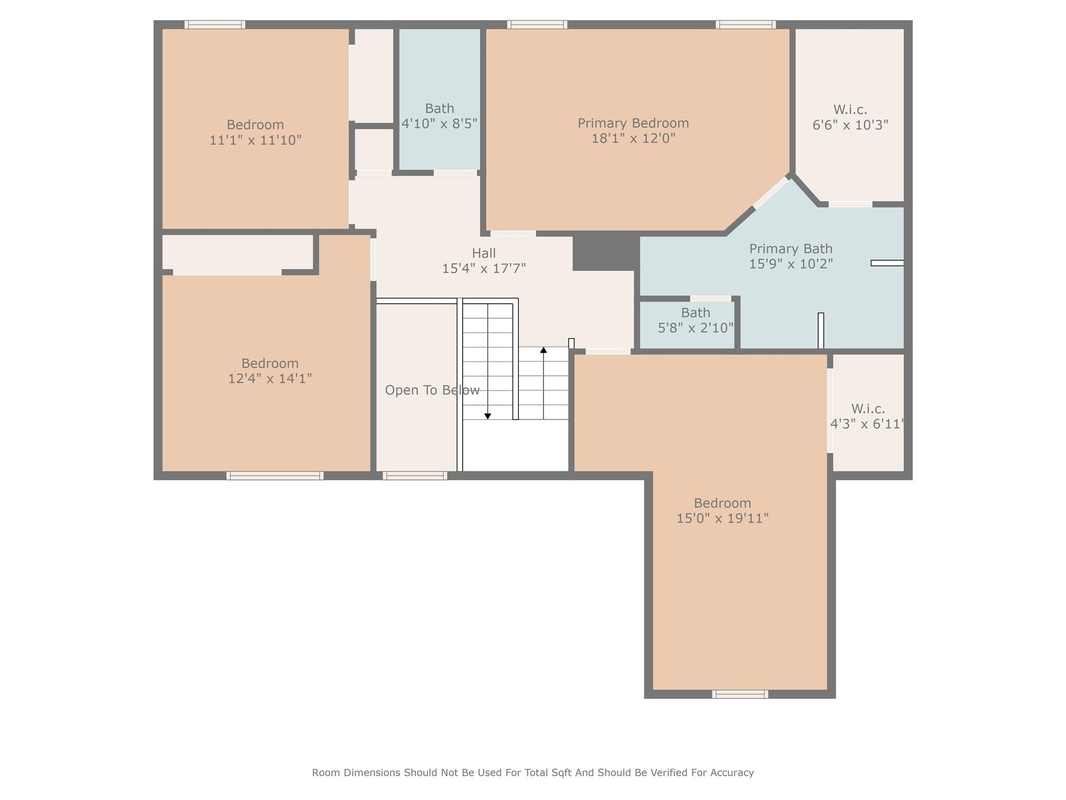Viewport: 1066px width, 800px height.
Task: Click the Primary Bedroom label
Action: [633, 123]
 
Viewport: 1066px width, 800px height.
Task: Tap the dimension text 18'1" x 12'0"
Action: [633, 139]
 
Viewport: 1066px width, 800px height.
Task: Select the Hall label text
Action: [484, 254]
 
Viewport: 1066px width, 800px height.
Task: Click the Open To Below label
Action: [432, 390]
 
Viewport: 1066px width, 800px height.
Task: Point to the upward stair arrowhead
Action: [543, 350]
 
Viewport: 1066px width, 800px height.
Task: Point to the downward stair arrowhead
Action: [488, 416]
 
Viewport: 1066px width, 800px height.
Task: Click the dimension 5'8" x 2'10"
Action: [695, 328]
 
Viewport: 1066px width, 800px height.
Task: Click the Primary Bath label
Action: [790, 249]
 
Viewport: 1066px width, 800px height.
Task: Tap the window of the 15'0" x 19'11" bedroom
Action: [740, 694]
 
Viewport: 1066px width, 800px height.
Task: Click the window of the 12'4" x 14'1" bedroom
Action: [275, 476]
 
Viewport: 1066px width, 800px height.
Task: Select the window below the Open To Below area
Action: [415, 476]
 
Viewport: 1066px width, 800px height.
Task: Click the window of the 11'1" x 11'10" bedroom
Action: [214, 24]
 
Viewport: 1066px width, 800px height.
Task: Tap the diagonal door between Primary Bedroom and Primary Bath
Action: [771, 193]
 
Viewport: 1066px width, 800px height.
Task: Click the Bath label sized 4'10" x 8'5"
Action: [439, 109]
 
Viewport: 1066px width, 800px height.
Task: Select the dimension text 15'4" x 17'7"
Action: [484, 269]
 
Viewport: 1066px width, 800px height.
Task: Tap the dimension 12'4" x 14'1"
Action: [270, 379]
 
